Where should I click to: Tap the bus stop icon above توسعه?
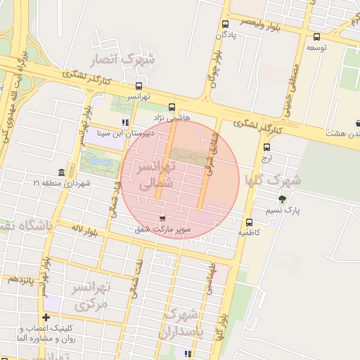pos(316,37)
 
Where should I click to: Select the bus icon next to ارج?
pos(266,148)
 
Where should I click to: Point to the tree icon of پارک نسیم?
pos(283,200)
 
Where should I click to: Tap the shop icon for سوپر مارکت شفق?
pos(164,219)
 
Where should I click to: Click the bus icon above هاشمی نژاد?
pos(172,108)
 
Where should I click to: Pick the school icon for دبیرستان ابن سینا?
pos(125,122)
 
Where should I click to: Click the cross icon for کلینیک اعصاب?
pos(46,317)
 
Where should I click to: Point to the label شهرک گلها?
pos(272,180)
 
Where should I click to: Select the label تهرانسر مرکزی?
pos(93,296)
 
